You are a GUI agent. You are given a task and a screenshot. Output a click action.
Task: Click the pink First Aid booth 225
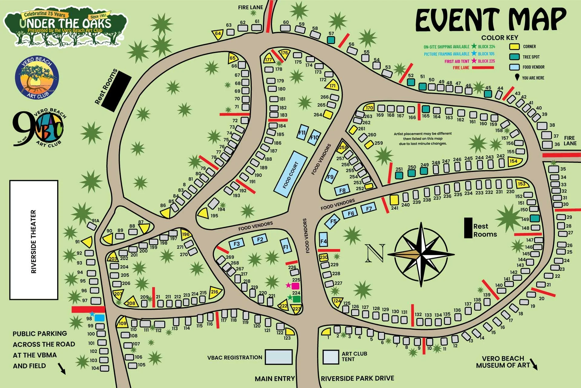(295, 286)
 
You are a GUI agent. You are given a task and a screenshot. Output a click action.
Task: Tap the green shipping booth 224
(297, 299)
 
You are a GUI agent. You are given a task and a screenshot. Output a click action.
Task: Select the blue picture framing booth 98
(99, 318)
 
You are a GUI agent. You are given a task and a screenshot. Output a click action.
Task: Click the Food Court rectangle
(290, 175)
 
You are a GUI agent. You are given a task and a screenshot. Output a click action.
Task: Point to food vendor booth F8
(342, 190)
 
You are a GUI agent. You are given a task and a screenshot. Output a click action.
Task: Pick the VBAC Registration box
(278, 357)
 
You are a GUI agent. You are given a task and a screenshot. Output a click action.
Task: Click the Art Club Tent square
(330, 357)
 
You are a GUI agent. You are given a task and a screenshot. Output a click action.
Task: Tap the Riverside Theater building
(34, 240)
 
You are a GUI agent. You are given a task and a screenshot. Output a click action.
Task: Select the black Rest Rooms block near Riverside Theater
(116, 91)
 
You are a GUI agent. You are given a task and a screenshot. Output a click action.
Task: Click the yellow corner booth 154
(514, 161)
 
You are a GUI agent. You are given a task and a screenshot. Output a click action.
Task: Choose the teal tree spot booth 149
(535, 218)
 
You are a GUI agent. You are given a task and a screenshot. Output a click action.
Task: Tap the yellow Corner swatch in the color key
(514, 47)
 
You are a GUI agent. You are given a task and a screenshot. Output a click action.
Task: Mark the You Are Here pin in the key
(517, 78)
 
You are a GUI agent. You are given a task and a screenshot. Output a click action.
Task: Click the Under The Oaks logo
(65, 27)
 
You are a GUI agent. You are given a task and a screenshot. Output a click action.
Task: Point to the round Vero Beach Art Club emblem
(37, 78)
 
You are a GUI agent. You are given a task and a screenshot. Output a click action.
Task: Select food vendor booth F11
(302, 132)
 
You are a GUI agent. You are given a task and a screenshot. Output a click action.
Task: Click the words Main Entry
(274, 379)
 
